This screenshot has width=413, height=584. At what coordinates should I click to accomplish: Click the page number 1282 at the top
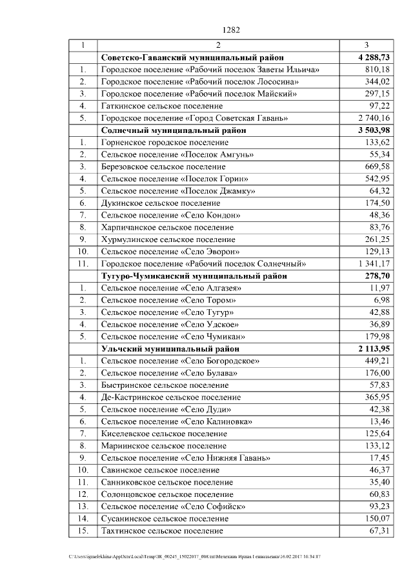click(231, 30)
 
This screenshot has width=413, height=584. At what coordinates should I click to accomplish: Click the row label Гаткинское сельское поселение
click(162, 105)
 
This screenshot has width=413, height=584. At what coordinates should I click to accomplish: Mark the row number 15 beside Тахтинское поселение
click(83, 530)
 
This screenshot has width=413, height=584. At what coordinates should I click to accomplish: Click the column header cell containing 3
click(367, 45)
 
